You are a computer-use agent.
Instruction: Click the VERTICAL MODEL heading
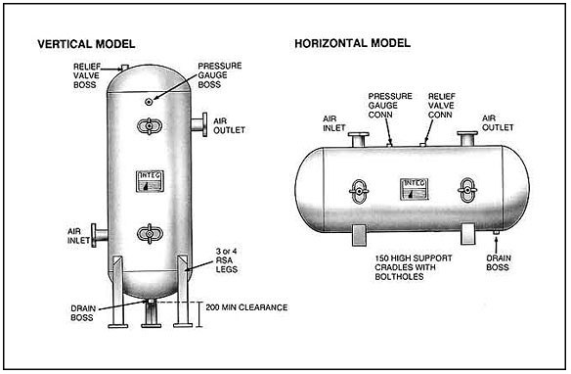[85, 44]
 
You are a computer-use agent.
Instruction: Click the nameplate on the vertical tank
[149, 181]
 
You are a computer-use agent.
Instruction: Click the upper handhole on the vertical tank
[149, 125]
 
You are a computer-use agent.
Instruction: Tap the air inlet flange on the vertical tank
[100, 235]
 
